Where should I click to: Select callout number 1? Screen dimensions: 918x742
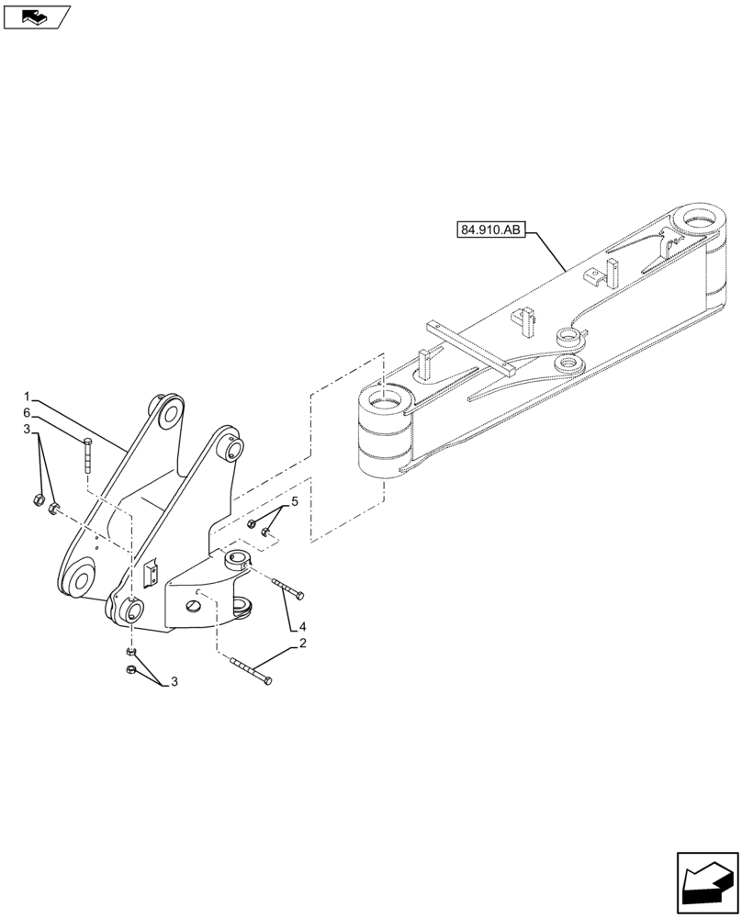(x=28, y=397)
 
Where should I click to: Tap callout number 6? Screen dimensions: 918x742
(x=28, y=413)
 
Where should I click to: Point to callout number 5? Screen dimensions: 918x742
(x=295, y=501)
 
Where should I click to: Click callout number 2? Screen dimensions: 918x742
(x=300, y=645)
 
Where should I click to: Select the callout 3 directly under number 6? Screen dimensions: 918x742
(x=28, y=430)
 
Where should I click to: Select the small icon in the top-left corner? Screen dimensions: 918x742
(x=36, y=16)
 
